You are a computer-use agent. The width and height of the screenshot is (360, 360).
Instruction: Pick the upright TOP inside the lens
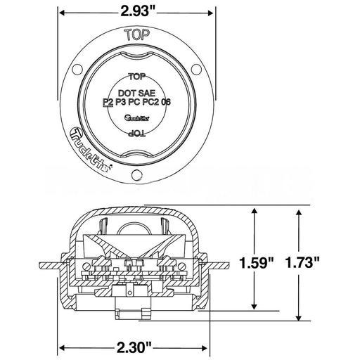pyautogui.click(x=138, y=79)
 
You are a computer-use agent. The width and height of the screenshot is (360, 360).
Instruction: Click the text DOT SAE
pyautogui.click(x=138, y=91)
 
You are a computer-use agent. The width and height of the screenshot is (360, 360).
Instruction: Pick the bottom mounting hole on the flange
pyautogui.click(x=138, y=174)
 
